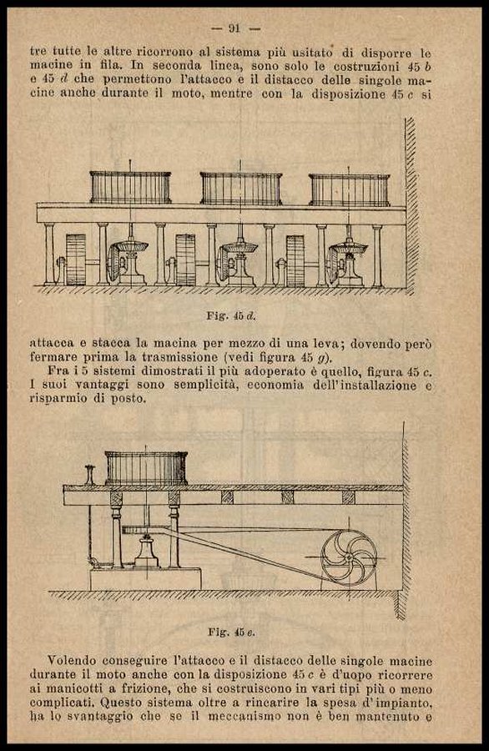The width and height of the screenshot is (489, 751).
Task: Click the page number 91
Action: pos(234,28)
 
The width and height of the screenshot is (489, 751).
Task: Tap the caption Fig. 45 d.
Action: pos(231,316)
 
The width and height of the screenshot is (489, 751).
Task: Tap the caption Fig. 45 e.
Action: pos(232,633)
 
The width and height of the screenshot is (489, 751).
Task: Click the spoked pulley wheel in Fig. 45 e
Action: pos(349,557)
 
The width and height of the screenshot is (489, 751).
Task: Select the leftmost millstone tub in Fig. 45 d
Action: pos(130,187)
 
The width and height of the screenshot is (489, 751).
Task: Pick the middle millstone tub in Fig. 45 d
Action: pos(241,189)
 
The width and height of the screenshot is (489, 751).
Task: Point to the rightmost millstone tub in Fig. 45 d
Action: pos(349,190)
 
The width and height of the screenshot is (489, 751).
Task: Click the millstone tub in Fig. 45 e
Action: pos(146,468)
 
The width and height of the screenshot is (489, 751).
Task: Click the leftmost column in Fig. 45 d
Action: pos(49,255)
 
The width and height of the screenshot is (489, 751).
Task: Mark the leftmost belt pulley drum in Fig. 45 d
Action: pos(76,260)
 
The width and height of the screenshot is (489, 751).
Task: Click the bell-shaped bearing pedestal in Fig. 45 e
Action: pos(147,552)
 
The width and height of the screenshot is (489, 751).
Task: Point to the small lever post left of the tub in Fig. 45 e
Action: pos(90,475)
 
